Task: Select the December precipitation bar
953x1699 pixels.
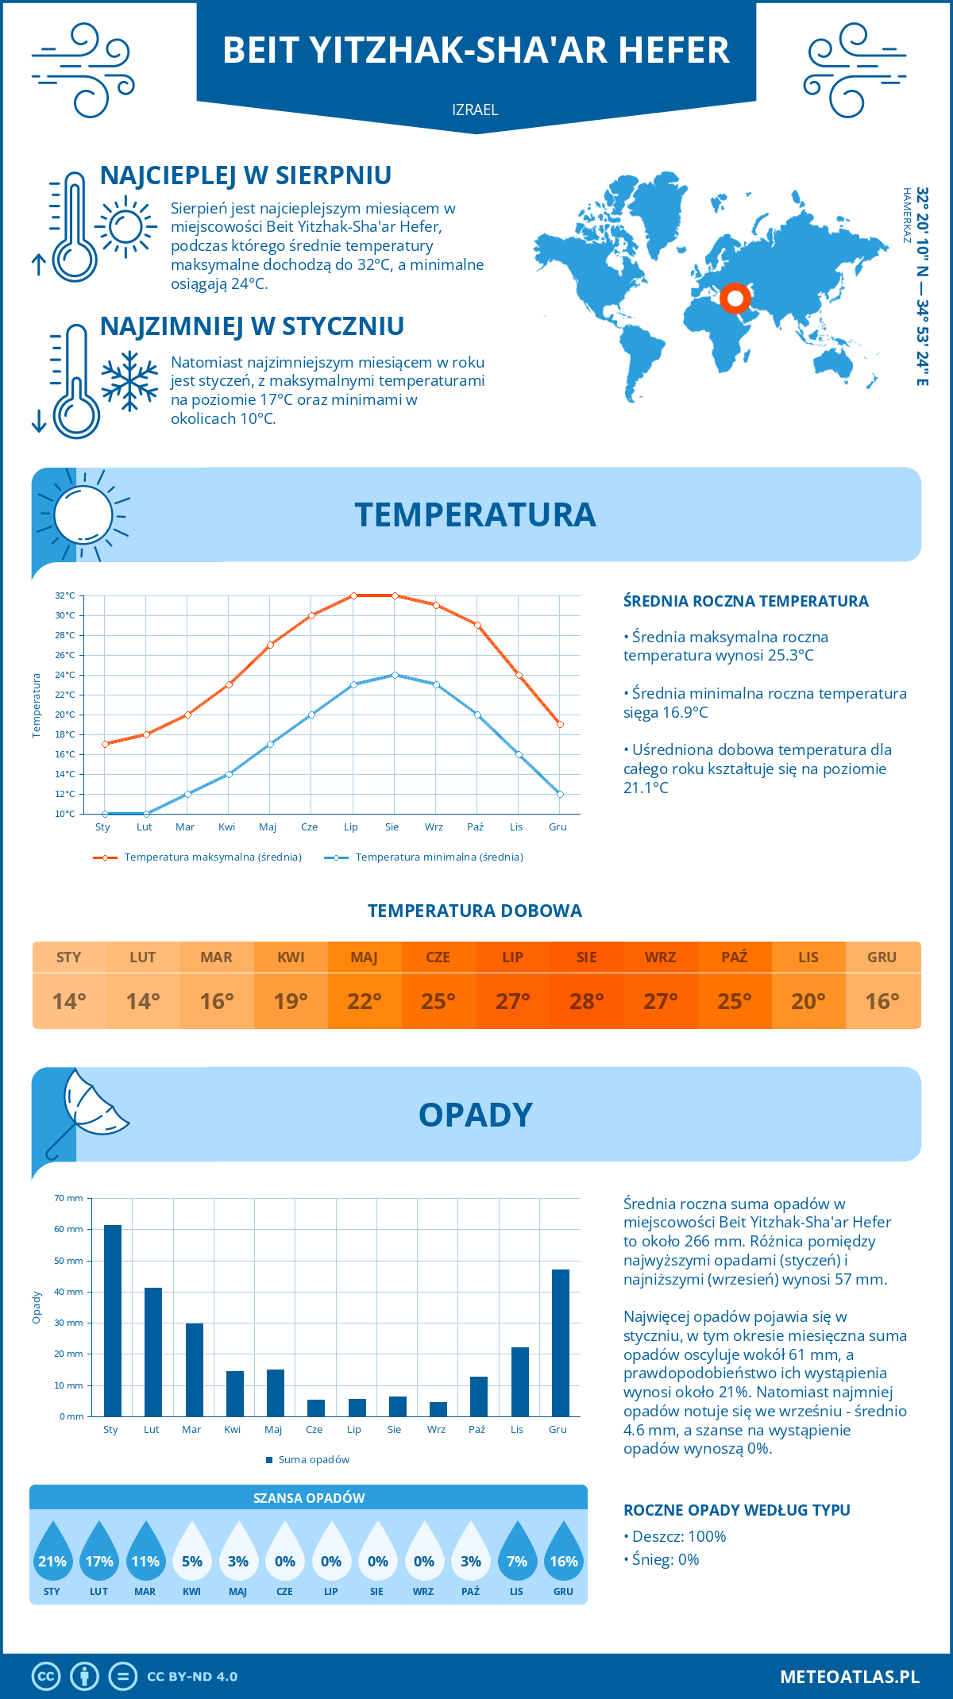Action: pyautogui.click(x=561, y=1343)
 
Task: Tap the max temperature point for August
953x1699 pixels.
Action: pyautogui.click(x=395, y=595)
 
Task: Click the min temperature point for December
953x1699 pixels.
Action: pyautogui.click(x=560, y=794)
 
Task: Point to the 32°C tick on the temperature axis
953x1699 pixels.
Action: pyautogui.click(x=65, y=595)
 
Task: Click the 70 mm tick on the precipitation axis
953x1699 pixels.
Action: pyautogui.click(x=69, y=1198)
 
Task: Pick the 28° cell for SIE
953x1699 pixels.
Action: pyautogui.click(x=586, y=1001)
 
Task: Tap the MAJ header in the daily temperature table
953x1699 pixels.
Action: pyautogui.click(x=364, y=957)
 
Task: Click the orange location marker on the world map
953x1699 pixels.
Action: pyautogui.click(x=735, y=298)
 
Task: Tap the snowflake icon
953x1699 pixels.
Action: pyautogui.click(x=129, y=381)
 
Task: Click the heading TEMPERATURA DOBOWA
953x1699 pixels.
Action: pyautogui.click(x=475, y=911)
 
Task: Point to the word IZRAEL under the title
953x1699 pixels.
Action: pyautogui.click(x=475, y=110)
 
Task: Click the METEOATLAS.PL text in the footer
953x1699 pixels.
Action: pyautogui.click(x=849, y=1676)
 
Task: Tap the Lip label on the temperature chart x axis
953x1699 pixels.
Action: pyautogui.click(x=351, y=826)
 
